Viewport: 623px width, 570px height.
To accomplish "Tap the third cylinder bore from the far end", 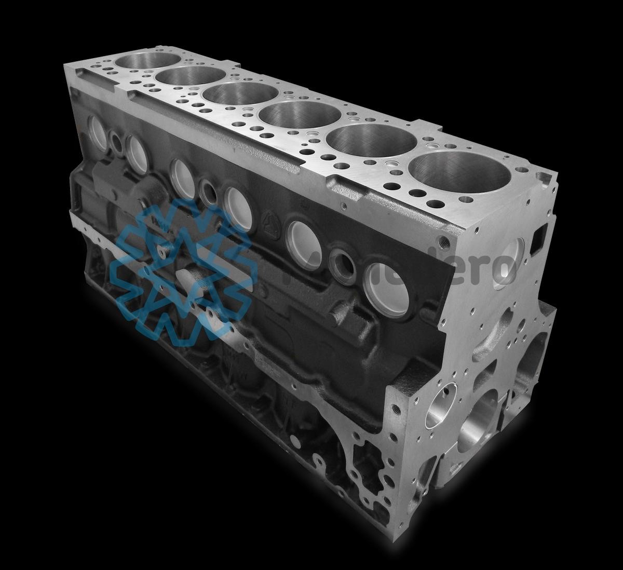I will click(240, 93).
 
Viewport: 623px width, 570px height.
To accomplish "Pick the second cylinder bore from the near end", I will click(371, 139).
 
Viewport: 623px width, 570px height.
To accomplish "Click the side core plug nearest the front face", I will click(387, 290).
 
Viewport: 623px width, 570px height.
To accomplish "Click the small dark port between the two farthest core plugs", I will click(116, 142).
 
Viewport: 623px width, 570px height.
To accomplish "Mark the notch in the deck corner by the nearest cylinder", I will click(543, 179).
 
